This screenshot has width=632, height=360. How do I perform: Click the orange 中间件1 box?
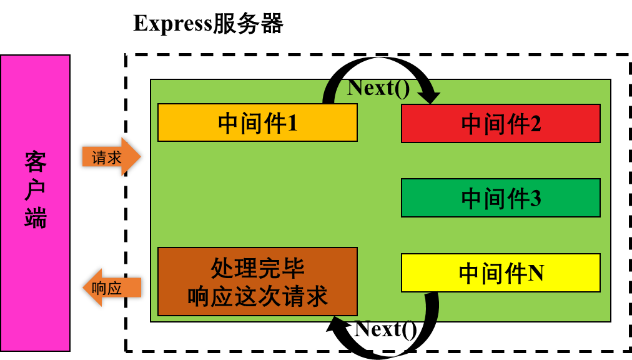pyautogui.click(x=257, y=122)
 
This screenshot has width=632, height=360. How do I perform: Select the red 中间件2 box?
pyautogui.click(x=500, y=124)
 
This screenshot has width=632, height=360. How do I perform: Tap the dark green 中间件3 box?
pyautogui.click(x=500, y=198)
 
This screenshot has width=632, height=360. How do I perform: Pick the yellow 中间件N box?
pyautogui.click(x=500, y=273)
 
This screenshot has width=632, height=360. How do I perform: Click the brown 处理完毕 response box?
pyautogui.click(x=257, y=281)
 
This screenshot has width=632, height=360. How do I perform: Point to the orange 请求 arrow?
pyautogui.click(x=111, y=157)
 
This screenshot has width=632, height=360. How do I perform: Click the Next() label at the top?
pyautogui.click(x=378, y=88)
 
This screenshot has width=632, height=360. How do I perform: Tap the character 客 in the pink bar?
pyautogui.click(x=36, y=162)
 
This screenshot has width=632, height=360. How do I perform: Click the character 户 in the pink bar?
pyautogui.click(x=36, y=190)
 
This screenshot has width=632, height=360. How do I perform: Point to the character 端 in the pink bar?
pyautogui.click(x=36, y=218)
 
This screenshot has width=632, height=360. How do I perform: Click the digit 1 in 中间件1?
pyautogui.click(x=292, y=123)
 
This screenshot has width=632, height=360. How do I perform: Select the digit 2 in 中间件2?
pyautogui.click(x=535, y=124)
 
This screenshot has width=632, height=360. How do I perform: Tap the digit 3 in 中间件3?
pyautogui.click(x=535, y=199)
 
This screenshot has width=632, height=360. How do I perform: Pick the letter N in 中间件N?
pyautogui.click(x=536, y=273)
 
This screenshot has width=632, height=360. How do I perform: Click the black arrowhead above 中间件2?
pyautogui.click(x=428, y=97)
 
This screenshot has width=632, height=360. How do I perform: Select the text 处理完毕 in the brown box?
pyautogui.click(x=257, y=269)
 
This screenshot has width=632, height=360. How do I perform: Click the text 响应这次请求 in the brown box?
pyautogui.click(x=257, y=296)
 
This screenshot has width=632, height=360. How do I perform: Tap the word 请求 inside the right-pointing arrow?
pyautogui.click(x=107, y=157)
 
